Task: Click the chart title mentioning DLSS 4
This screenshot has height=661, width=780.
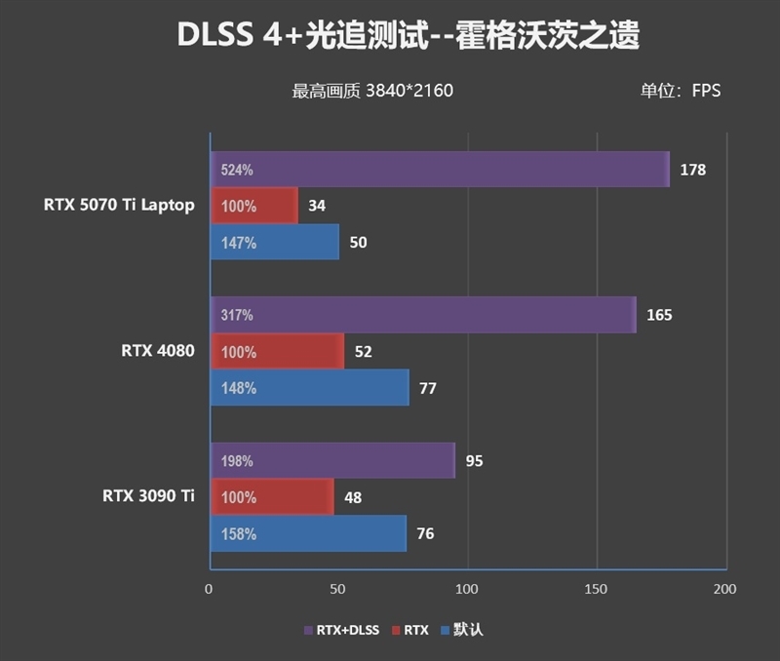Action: point(408,36)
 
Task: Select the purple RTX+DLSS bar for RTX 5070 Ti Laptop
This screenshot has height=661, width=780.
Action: point(439,170)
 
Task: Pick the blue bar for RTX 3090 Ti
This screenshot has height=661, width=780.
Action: point(308,533)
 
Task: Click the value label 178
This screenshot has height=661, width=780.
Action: point(693,170)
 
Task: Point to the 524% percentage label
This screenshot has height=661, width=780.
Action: point(237,170)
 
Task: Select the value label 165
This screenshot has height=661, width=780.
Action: point(660,315)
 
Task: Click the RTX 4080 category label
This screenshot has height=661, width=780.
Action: point(151,351)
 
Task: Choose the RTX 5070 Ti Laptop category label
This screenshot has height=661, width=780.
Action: point(119,205)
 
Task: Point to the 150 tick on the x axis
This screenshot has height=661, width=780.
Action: point(596,589)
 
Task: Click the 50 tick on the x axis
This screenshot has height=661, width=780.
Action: point(338,589)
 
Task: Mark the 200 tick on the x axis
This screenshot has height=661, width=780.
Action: point(724,589)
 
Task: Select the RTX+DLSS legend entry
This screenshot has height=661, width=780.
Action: point(340,630)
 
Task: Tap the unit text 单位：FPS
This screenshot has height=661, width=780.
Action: point(681,91)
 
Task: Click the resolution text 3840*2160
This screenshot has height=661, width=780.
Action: point(409,91)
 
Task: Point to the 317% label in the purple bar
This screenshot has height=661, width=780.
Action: point(237,315)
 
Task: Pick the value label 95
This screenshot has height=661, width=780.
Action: point(475,460)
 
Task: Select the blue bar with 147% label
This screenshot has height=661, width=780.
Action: point(275,242)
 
